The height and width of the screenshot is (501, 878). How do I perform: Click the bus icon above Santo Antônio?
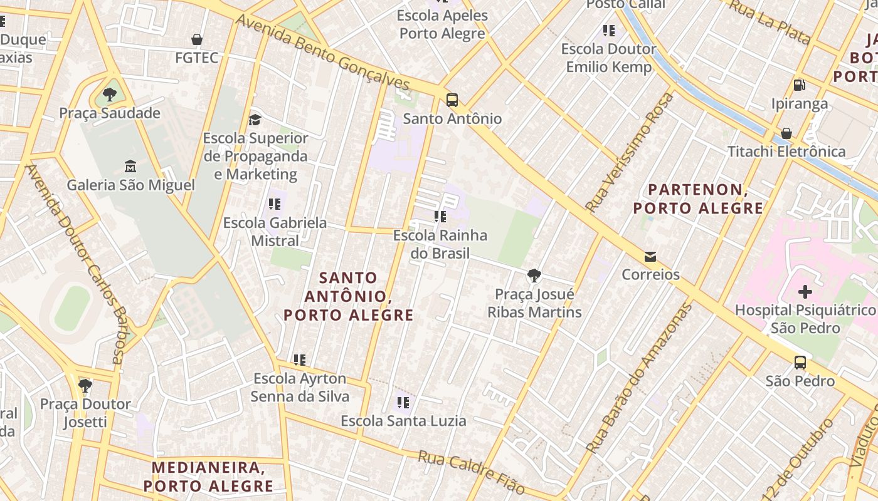click(x=452, y=100)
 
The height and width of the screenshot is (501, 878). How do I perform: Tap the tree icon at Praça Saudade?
click(x=110, y=95)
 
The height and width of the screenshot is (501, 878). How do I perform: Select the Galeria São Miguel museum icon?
click(x=130, y=167)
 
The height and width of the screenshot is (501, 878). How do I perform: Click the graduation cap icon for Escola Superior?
click(x=255, y=120)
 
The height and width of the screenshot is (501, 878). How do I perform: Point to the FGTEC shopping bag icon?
click(x=197, y=40)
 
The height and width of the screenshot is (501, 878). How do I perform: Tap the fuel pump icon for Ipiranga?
click(x=799, y=85)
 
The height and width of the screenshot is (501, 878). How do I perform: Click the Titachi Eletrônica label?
click(x=786, y=152)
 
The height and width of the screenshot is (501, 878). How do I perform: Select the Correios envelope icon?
click(x=650, y=257)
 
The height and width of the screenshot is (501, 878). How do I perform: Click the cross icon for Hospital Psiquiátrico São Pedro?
click(x=805, y=292)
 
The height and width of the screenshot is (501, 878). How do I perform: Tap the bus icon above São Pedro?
click(x=800, y=363)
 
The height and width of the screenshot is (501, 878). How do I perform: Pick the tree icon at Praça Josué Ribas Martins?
click(x=534, y=276)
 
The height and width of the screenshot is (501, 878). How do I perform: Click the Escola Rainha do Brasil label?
click(x=440, y=244)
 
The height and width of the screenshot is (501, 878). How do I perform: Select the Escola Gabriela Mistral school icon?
click(x=274, y=204)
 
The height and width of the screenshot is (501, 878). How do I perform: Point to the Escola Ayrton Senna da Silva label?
click(x=300, y=388)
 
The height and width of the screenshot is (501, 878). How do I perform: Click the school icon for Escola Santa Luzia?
click(x=403, y=403)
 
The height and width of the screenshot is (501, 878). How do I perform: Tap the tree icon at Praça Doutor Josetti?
click(x=85, y=386)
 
